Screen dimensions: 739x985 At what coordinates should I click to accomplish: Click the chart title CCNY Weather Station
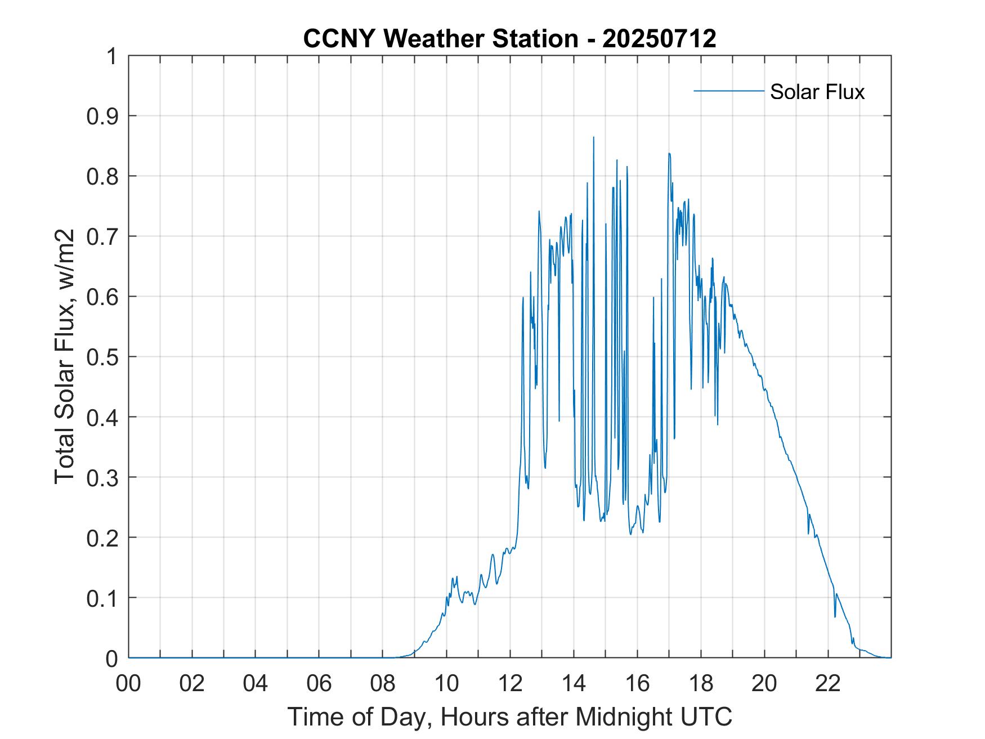440,39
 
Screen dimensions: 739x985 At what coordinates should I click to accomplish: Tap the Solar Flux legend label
817,91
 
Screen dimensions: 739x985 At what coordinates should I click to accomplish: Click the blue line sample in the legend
728,91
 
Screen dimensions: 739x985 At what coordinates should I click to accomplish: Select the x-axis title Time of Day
509,716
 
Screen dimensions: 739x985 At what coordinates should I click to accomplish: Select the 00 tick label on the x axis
128,683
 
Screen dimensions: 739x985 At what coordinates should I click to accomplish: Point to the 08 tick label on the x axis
383,683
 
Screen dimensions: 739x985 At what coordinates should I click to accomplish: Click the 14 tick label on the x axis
574,683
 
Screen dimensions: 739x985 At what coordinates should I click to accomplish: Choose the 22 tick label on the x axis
828,683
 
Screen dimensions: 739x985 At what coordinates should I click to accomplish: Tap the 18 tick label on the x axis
701,683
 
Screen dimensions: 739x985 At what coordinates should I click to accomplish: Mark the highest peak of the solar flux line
593,137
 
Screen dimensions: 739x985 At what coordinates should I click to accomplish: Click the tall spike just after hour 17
669,153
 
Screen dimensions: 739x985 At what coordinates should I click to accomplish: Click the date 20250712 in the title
659,39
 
